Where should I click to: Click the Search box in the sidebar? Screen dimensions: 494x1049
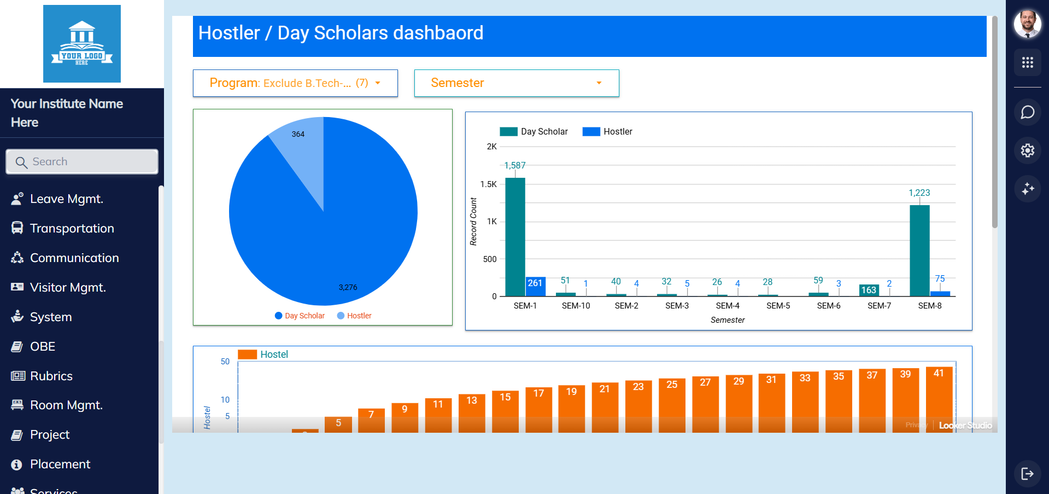click(x=82, y=162)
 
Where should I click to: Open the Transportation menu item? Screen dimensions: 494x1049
click(x=72, y=229)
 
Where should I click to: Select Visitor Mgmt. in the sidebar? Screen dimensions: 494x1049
click(x=67, y=288)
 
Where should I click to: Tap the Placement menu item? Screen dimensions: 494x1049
click(x=60, y=464)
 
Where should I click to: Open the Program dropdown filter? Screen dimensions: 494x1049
click(x=295, y=83)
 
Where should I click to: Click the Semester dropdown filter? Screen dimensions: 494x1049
click(x=517, y=83)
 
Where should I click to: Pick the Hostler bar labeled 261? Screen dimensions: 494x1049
click(x=535, y=286)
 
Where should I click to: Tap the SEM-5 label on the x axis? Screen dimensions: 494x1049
click(x=778, y=306)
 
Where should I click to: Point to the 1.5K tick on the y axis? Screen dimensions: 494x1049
click(x=488, y=184)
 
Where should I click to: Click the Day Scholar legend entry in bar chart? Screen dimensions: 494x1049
click(x=534, y=132)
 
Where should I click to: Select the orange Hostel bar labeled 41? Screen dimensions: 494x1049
click(x=939, y=399)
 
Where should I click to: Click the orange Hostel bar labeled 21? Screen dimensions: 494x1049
click(x=605, y=407)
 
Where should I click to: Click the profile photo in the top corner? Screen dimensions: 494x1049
click(x=1027, y=24)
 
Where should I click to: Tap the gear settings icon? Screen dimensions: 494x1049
click(x=1027, y=150)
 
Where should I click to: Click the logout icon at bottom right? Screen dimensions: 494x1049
click(x=1027, y=474)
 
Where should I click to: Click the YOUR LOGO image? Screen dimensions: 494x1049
click(x=82, y=44)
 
